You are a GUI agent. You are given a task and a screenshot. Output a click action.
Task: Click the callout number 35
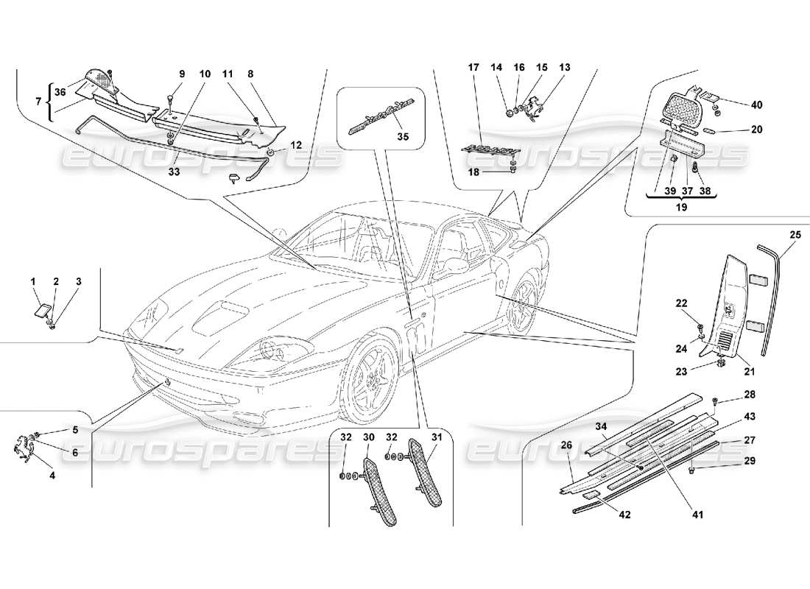(x=401, y=136)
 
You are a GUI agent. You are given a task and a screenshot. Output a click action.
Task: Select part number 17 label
(x=473, y=68)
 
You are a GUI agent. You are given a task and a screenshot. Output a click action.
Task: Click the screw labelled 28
(x=716, y=400)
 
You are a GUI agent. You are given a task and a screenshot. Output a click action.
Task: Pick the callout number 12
(x=296, y=145)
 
